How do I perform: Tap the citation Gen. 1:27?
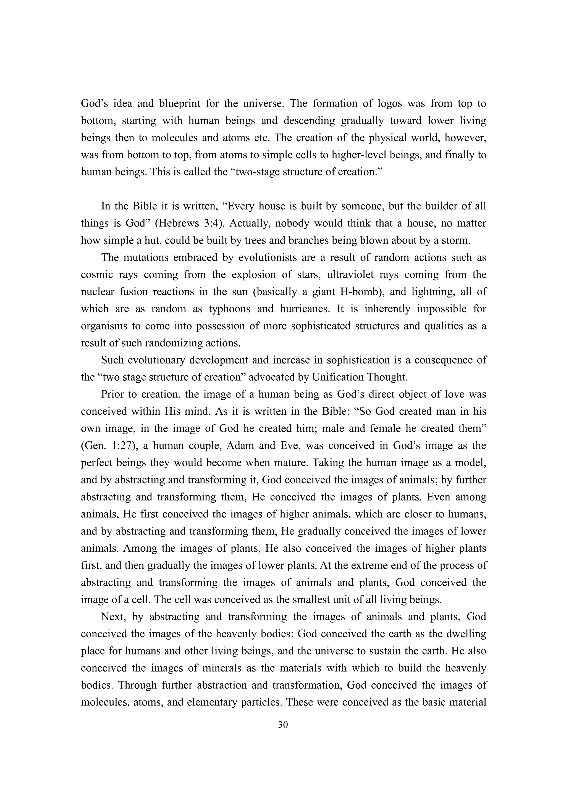click(x=108, y=446)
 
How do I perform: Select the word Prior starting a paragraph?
click(x=113, y=394)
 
